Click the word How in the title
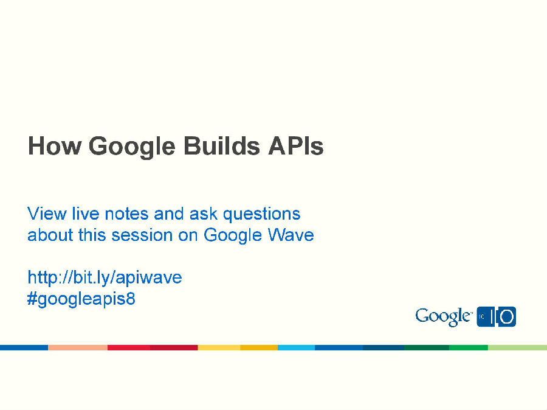[x=54, y=147]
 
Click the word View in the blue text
[x=47, y=214]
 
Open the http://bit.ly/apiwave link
[x=105, y=278]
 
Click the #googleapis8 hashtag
[x=81, y=300]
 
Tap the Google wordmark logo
[x=444, y=317]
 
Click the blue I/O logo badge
[x=497, y=317]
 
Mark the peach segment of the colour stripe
[x=78, y=347]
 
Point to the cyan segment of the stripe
[x=296, y=347]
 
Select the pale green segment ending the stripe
[x=517, y=347]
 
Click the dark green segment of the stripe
[x=427, y=347]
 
